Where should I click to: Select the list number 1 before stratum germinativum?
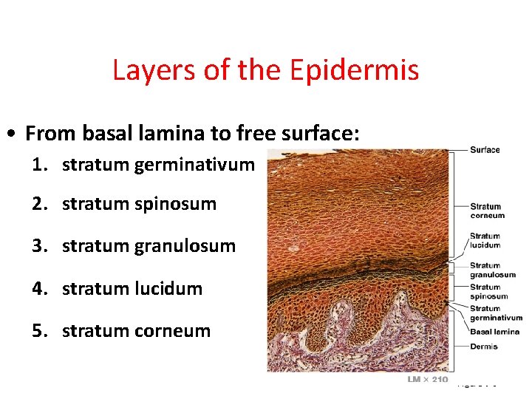(38, 165)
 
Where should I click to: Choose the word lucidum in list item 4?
(168, 288)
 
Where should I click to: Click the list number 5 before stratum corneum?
(38, 330)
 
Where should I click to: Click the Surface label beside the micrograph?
(485, 150)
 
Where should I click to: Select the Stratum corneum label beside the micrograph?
(487, 211)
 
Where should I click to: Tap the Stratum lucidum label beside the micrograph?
(485, 241)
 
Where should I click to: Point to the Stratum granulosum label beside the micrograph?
(492, 270)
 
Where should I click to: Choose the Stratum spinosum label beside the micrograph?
(488, 292)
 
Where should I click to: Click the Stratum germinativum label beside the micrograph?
(496, 313)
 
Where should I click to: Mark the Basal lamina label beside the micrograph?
(494, 332)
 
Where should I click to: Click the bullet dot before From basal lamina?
(13, 135)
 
